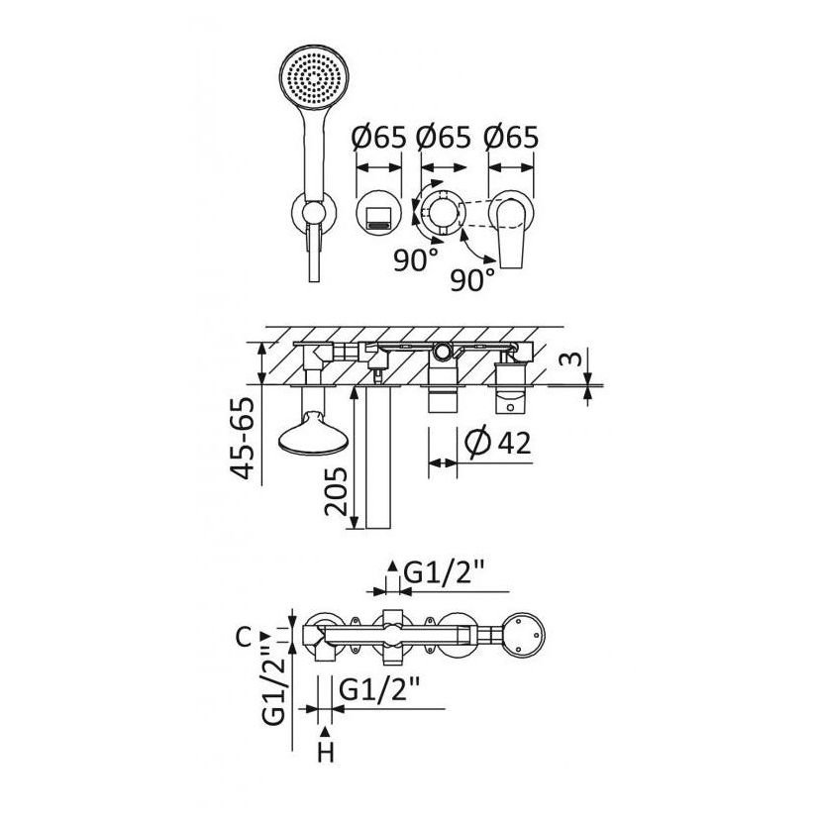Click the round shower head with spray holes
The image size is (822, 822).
click(x=314, y=79)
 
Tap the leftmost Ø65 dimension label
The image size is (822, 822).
click(x=379, y=137)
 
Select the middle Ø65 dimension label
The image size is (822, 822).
click(x=444, y=137)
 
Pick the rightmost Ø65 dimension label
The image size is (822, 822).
click(x=511, y=137)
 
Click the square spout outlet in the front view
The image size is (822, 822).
click(x=378, y=216)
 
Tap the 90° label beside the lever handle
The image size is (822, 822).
click(x=472, y=279)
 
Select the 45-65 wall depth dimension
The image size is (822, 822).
click(x=245, y=438)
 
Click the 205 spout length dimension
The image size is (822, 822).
click(x=336, y=491)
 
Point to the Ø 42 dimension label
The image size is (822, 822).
click(x=498, y=443)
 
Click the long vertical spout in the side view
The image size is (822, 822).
click(x=378, y=457)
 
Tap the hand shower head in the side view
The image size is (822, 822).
click(x=313, y=433)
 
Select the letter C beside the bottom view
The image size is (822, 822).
click(x=244, y=638)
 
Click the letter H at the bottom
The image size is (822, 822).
click(x=326, y=754)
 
